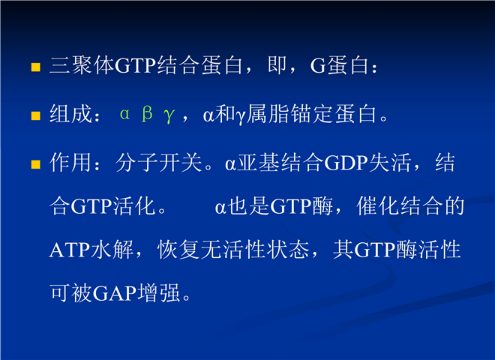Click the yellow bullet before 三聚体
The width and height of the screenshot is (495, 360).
36,67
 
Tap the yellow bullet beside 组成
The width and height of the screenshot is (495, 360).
36,116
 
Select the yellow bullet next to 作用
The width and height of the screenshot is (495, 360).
36,164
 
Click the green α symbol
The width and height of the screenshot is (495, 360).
124,114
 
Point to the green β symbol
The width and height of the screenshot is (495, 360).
147,114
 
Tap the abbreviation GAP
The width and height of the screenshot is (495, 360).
115,293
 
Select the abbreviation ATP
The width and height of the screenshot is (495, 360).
70,250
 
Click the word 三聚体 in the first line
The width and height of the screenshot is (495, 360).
82,66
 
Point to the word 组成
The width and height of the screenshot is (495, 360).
71,114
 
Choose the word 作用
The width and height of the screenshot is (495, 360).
71,163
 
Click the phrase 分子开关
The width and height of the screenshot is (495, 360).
159,163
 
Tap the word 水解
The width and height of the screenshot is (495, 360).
112,250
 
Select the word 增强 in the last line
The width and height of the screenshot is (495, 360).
159,292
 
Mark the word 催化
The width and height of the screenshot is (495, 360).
378,206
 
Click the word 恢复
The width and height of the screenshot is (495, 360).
178,250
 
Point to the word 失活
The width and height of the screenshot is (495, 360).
390,163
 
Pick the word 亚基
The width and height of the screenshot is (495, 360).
259,163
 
